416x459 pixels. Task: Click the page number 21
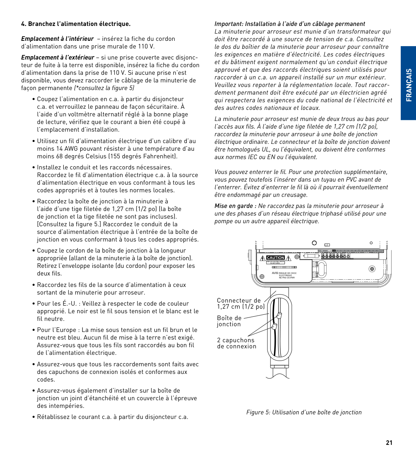[389, 443]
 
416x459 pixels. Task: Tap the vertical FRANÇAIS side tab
[408, 85]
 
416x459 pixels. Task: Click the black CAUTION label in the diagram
[275, 258]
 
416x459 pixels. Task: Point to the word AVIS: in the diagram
[275, 273]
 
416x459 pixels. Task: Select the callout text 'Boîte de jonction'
[229, 321]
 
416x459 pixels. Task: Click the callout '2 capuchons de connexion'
[236, 343]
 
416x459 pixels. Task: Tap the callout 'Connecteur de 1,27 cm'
[241, 303]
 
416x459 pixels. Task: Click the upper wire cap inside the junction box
[279, 316]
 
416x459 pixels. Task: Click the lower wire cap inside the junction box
[274, 326]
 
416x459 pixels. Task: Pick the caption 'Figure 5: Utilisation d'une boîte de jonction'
[304, 412]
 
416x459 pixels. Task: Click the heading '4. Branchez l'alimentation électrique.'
[76, 24]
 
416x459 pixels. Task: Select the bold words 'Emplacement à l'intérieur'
[57, 39]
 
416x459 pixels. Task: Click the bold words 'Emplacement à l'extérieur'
[58, 57]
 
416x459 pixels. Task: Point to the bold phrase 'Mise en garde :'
[235, 206]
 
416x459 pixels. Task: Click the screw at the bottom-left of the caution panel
[262, 277]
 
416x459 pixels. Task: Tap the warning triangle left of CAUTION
[262, 258]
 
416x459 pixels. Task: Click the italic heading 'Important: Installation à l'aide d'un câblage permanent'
[290, 24]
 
